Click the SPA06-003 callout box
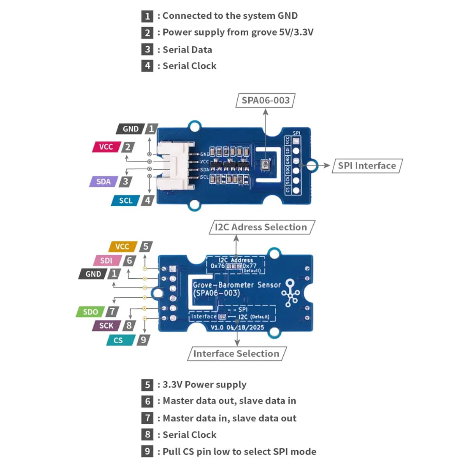pyautogui.click(x=265, y=100)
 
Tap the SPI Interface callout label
pyautogui.click(x=367, y=166)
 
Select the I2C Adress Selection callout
pyautogui.click(x=261, y=227)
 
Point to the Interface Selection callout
pyautogui.click(x=236, y=354)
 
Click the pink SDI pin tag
pyautogui.click(x=106, y=261)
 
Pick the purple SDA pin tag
pyautogui.click(x=104, y=182)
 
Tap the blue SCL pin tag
pyautogui.click(x=125, y=201)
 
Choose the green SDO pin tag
pyautogui.click(x=90, y=312)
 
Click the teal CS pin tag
pyautogui.click(x=118, y=341)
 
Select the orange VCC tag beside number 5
pyautogui.click(x=122, y=247)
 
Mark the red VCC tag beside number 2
pyautogui.click(x=106, y=147)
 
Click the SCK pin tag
pyautogui.click(x=106, y=326)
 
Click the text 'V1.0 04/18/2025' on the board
pyautogui.click(x=237, y=328)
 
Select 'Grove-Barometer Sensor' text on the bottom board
pyautogui.click(x=237, y=285)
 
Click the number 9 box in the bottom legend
pyautogui.click(x=147, y=451)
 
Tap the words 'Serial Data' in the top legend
pyautogui.click(x=187, y=50)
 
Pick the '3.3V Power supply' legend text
pyautogui.click(x=204, y=385)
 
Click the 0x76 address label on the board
pyautogui.click(x=218, y=266)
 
